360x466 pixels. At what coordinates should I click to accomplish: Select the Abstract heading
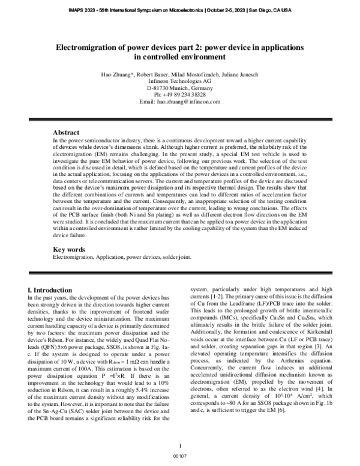(67, 132)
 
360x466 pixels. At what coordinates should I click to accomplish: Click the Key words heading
(69, 250)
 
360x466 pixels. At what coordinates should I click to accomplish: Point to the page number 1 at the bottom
(180, 446)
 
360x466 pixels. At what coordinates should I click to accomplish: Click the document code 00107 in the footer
(180, 457)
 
